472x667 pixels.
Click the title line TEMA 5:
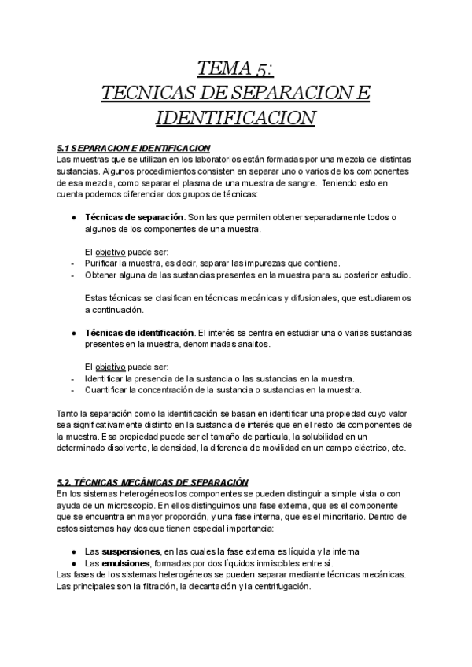[235, 68]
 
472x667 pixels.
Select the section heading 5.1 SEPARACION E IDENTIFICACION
[133, 147]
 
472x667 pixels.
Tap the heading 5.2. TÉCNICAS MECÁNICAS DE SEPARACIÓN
[153, 481]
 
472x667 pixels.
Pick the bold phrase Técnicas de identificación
[139, 333]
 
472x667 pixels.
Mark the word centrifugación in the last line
[278, 585]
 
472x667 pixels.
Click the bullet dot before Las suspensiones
[73, 552]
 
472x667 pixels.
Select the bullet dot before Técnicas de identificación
[73, 333]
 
